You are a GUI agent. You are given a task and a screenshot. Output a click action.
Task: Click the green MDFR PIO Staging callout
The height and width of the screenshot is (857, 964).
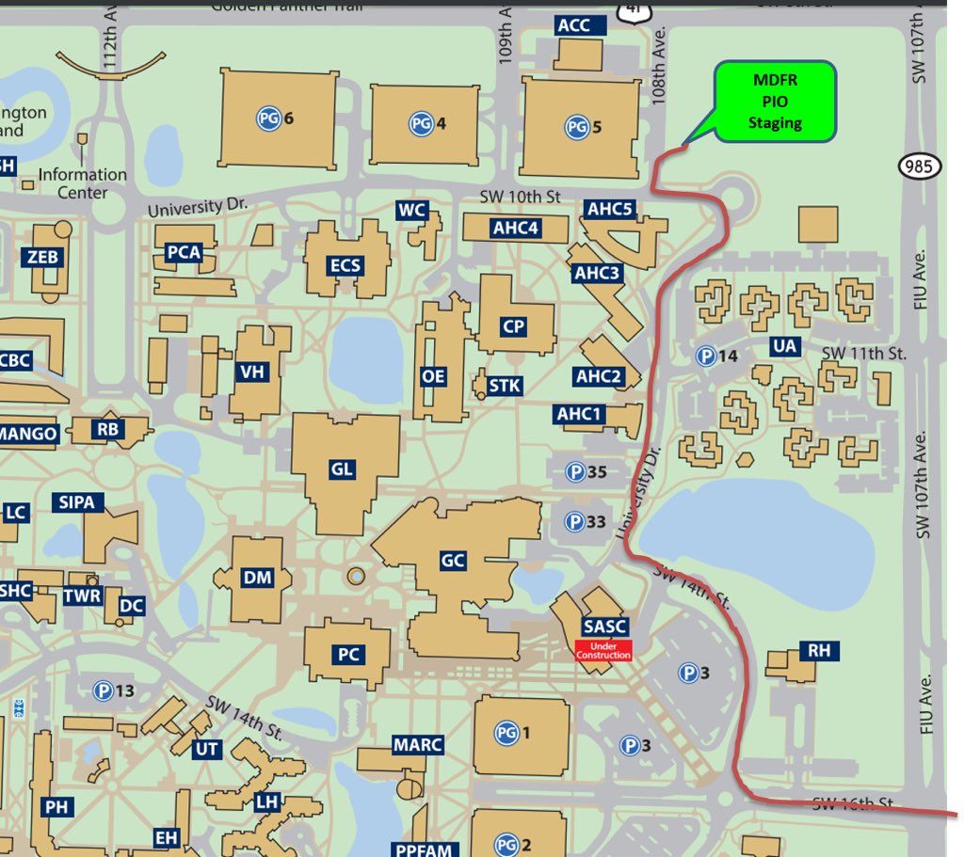pyautogui.click(x=775, y=102)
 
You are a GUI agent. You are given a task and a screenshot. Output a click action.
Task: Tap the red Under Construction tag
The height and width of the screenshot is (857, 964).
pyautogui.click(x=602, y=649)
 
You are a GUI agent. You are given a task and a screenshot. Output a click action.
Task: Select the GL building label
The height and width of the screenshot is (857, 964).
pyautogui.click(x=343, y=468)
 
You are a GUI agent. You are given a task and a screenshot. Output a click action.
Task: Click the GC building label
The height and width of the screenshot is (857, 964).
pyautogui.click(x=453, y=561)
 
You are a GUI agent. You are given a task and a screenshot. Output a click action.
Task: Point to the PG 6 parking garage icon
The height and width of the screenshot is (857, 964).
pyautogui.click(x=268, y=119)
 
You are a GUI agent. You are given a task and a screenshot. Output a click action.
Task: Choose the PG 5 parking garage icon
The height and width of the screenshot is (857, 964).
pyautogui.click(x=576, y=126)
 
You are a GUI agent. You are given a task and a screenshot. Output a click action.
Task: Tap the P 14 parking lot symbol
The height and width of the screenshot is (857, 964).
pyautogui.click(x=705, y=356)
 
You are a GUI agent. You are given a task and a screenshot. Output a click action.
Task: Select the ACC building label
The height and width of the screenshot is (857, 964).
pyautogui.click(x=573, y=25)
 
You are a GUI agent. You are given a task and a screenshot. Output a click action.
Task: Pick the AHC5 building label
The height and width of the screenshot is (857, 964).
pyautogui.click(x=610, y=209)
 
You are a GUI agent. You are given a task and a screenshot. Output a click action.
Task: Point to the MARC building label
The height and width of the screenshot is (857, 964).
pyautogui.click(x=418, y=745)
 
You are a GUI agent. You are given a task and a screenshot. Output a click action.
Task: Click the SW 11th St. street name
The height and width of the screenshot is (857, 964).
pyautogui.click(x=863, y=354)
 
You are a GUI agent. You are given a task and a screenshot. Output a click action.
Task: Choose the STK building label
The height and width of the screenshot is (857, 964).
pyautogui.click(x=505, y=386)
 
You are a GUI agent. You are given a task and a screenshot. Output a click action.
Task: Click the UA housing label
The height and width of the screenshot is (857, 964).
pyautogui.click(x=784, y=346)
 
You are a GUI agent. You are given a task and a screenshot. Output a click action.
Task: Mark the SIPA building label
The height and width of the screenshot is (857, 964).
pyautogui.click(x=76, y=502)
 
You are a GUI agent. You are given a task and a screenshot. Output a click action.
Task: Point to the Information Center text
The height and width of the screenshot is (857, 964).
pyautogui.click(x=82, y=183)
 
